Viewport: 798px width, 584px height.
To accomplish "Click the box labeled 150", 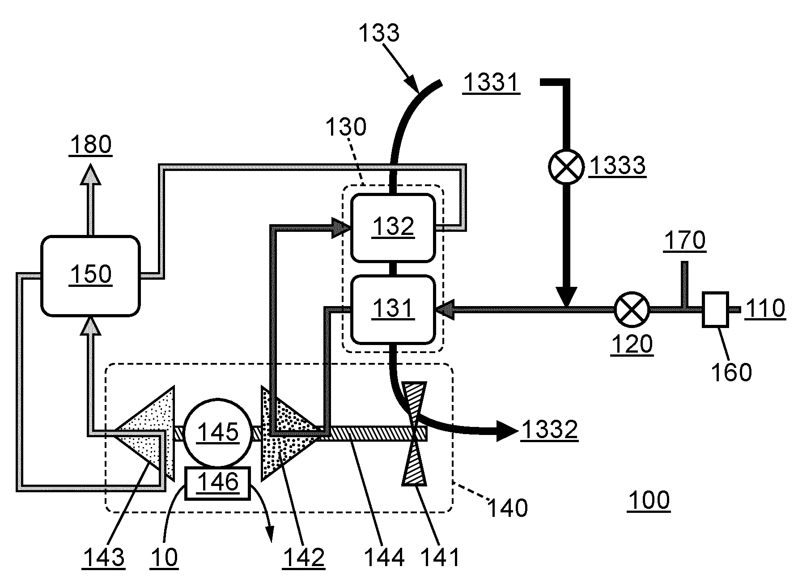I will click(90, 275).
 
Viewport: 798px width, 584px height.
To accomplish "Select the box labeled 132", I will click(393, 227).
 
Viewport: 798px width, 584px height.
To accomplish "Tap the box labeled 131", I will click(393, 309).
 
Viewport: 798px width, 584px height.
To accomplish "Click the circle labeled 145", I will click(218, 432).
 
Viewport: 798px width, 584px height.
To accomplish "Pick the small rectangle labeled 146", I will click(218, 482).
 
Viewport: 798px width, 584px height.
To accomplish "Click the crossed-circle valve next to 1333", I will click(566, 166).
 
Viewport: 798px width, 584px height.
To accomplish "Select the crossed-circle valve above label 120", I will click(632, 309).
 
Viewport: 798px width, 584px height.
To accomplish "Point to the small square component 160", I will click(715, 309).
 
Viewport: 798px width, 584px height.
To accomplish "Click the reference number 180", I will click(90, 145).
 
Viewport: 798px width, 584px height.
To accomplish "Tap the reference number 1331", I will click(491, 82).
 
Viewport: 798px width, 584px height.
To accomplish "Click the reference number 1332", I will click(549, 431).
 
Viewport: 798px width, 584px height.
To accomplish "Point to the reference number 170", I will click(685, 240).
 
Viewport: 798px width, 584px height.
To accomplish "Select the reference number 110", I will click(765, 309).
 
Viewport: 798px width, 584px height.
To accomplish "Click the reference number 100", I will click(649, 500).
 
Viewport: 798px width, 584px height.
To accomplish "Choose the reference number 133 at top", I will click(379, 33).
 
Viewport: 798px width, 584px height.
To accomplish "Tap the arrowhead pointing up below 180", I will click(91, 175).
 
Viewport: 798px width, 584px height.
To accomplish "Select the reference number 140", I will click(507, 508).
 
